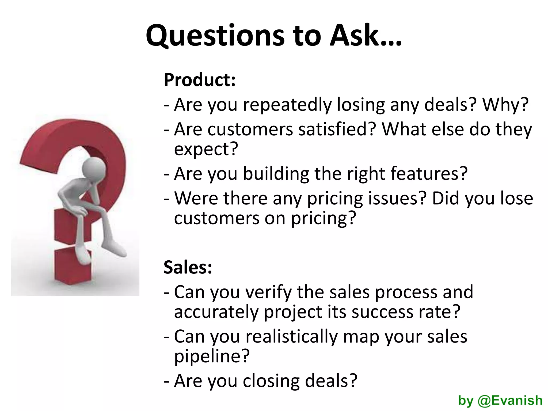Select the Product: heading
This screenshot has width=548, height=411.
200,80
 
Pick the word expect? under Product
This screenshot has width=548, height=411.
206,149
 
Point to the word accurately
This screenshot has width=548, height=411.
216,312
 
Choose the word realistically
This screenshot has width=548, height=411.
292,337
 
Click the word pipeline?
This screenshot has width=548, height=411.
212,356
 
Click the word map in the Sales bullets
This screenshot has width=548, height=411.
361,337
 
